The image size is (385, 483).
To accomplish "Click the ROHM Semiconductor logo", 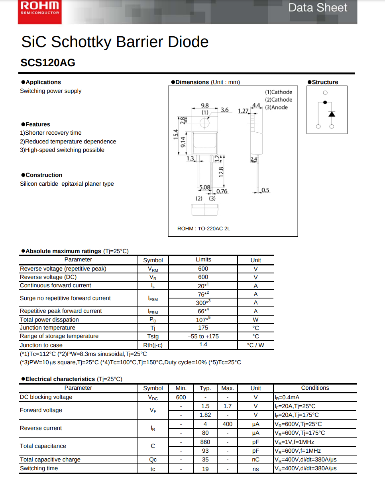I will click(x=39, y=8).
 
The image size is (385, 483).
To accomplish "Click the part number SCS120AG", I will click(x=47, y=63).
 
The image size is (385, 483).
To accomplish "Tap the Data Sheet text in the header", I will click(x=318, y=8).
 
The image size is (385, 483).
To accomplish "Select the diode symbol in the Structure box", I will click(x=332, y=114).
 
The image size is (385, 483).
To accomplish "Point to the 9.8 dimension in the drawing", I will click(x=204, y=105).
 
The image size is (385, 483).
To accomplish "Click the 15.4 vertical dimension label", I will click(x=175, y=134).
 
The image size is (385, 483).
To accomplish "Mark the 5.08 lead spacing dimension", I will click(x=204, y=187).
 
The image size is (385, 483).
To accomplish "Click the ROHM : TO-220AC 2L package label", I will click(x=203, y=228).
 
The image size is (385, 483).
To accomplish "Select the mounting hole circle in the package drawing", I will click(x=205, y=123).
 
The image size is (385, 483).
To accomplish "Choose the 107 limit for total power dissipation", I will click(x=203, y=320).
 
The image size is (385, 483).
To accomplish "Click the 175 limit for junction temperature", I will click(x=203, y=328).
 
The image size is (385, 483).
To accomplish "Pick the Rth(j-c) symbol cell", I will click(x=153, y=345).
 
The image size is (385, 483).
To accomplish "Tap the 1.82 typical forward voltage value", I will click(x=205, y=415).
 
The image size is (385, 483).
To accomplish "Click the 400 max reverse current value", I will click(x=227, y=424).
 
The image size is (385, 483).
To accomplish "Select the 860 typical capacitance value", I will click(x=205, y=442).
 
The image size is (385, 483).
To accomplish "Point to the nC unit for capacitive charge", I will click(x=255, y=459).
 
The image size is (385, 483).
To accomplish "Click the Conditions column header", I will click(x=315, y=388).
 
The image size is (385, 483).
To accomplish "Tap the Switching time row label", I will click(x=39, y=468).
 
